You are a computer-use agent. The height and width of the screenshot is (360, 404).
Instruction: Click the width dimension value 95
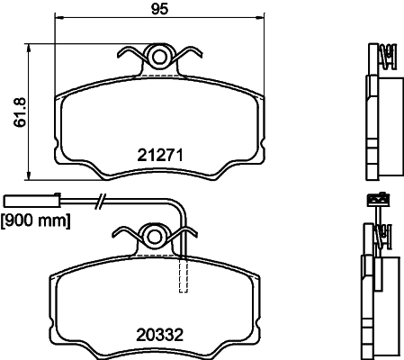click(x=160, y=10)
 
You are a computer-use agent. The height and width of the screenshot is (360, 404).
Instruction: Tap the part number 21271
click(x=160, y=154)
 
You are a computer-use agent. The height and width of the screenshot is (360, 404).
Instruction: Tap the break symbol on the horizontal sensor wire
click(x=103, y=202)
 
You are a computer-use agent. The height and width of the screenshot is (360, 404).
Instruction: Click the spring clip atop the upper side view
click(x=387, y=58)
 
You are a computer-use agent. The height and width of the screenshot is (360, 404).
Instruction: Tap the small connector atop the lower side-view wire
click(x=375, y=199)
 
